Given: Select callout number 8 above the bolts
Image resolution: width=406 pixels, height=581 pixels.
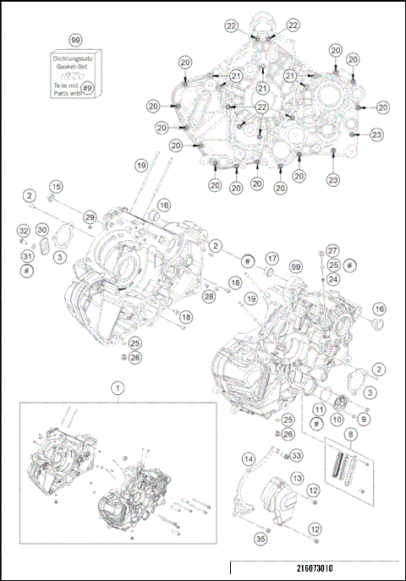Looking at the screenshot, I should pos(350,434).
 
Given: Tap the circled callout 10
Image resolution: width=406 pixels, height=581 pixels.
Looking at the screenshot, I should pos(337,419).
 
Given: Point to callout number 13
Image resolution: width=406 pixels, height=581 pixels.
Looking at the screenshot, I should pos(297,478).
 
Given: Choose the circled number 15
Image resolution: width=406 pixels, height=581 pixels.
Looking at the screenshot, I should pos(56,186).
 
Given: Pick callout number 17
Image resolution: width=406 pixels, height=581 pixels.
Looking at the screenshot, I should pos(272,258).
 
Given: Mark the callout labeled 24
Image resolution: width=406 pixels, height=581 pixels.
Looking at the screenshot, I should pos(333,279).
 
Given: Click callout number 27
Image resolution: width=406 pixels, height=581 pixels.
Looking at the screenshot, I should pos(333,250).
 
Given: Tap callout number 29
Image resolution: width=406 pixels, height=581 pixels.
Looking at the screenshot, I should pos(89,218).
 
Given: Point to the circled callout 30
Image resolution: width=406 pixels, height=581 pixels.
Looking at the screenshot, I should pos(41,230).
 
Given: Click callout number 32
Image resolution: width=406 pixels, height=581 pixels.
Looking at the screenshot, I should pos(24,230).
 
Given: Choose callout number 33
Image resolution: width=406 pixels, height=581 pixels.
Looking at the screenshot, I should pos(296,456).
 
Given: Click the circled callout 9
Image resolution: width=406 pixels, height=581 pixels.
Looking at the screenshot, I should pos(363,418).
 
